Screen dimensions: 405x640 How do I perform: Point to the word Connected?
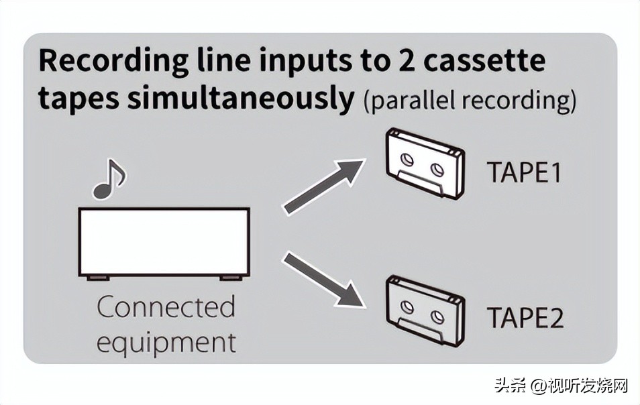click(166, 308)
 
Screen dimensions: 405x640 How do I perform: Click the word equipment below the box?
click(166, 341)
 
